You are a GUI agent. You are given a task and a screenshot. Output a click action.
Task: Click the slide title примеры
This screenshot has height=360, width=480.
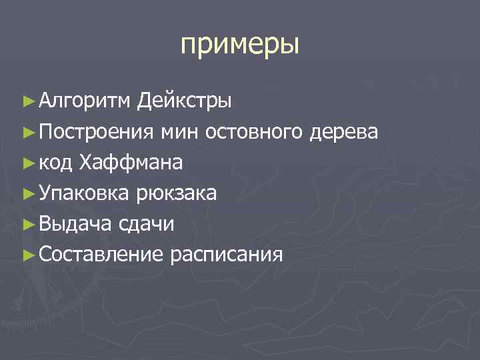240,46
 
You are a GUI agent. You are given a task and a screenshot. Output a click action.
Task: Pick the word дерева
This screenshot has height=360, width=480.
344,132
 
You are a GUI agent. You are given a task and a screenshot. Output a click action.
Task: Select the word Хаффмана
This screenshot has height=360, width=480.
131,163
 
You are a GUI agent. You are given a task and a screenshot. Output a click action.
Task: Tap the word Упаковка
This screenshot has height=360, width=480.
85,193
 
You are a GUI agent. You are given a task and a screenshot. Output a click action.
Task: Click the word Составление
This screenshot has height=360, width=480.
101,255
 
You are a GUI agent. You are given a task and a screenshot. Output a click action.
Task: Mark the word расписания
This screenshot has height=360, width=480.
227,255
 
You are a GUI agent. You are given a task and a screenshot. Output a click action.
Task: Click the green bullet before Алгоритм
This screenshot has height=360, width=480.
27,101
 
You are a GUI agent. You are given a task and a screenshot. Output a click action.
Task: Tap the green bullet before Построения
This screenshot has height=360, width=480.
27,132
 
